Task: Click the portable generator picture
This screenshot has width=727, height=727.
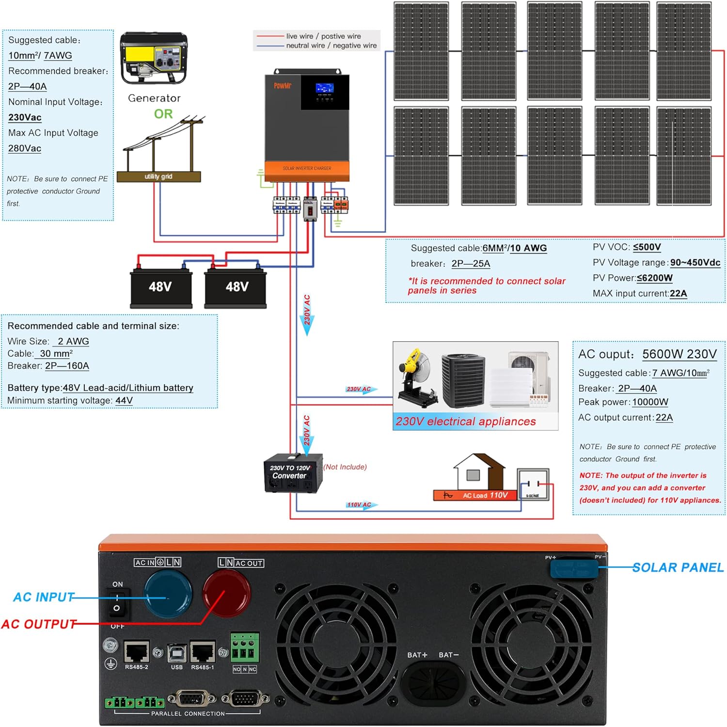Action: pyautogui.click(x=154, y=58)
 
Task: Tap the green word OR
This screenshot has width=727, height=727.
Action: pyautogui.click(x=163, y=114)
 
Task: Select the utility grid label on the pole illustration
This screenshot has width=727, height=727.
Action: pyautogui.click(x=158, y=177)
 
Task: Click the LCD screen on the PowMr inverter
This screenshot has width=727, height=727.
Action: pyautogui.click(x=324, y=88)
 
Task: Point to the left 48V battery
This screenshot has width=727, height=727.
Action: pyautogui.click(x=160, y=287)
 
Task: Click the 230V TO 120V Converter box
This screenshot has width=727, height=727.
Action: pyautogui.click(x=292, y=473)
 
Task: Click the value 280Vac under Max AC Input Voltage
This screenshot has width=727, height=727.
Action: pyautogui.click(x=25, y=148)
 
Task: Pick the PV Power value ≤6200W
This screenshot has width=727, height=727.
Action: pyautogui.click(x=654, y=278)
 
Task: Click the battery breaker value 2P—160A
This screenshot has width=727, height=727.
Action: pyautogui.click(x=67, y=366)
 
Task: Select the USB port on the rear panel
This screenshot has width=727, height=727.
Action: pyautogui.click(x=177, y=653)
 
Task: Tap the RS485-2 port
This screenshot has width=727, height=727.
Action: pyautogui.click(x=137, y=652)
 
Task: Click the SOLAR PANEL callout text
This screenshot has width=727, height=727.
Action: pyautogui.click(x=678, y=568)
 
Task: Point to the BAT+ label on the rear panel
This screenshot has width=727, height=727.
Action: pyautogui.click(x=417, y=655)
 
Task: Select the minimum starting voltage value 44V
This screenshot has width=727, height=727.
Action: pyautogui.click(x=124, y=401)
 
